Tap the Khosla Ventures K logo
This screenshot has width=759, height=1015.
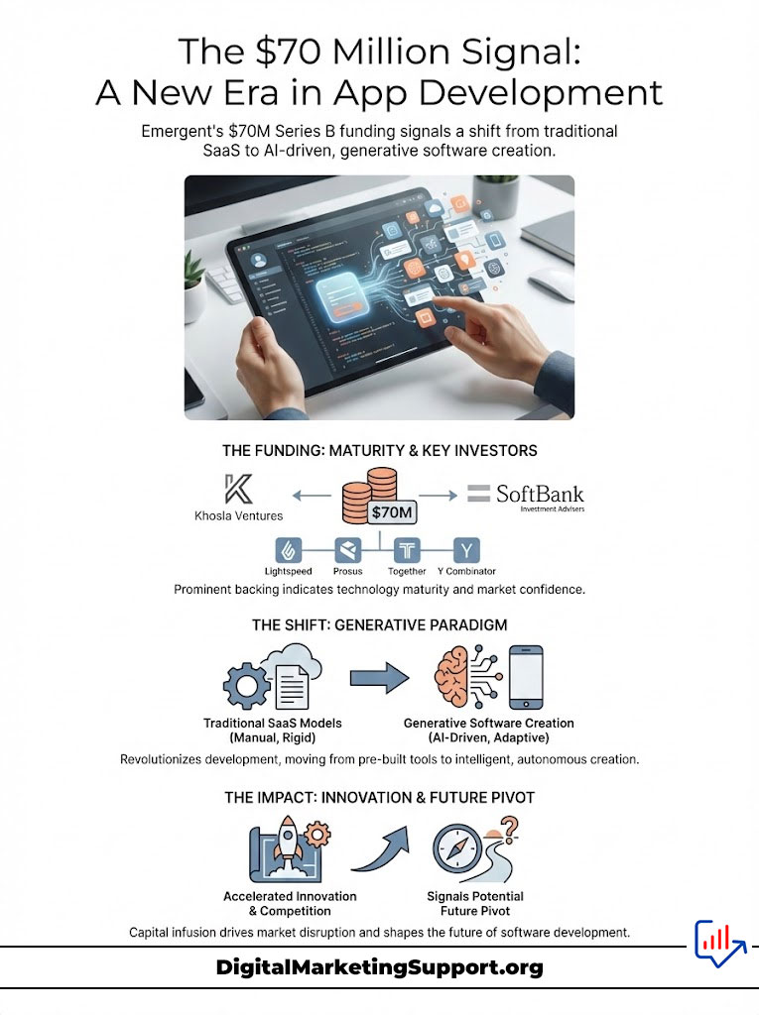tap(237, 490)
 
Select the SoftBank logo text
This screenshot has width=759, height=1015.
tap(539, 494)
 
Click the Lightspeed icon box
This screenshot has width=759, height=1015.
tap(288, 550)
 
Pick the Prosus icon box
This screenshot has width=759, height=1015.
tap(346, 550)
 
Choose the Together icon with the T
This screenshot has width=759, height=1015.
tap(407, 550)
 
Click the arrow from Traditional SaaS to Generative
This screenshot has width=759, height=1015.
tap(379, 678)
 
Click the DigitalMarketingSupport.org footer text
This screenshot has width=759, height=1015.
tap(379, 967)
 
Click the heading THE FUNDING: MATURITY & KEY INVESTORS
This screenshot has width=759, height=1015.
tap(379, 450)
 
